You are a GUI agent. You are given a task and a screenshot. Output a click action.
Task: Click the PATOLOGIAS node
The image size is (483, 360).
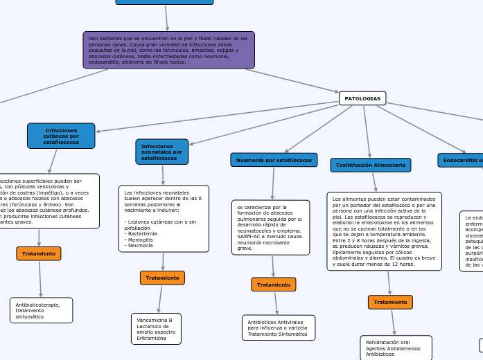point(362,98)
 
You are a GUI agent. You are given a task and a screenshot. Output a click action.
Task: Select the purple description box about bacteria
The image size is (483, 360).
point(168,50)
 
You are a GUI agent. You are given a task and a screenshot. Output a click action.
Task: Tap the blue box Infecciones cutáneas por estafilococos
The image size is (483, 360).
point(61,136)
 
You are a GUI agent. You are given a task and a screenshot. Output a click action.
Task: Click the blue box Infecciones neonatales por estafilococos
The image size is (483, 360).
point(161,152)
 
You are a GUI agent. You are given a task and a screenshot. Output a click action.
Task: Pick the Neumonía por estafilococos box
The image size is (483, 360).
point(274,160)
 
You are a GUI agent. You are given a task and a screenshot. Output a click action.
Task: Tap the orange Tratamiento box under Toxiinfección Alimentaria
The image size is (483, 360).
point(390,302)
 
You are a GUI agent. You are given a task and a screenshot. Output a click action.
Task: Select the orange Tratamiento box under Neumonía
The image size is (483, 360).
point(273,285)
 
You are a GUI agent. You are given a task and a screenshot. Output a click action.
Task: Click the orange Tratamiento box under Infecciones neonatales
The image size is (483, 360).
point(162,278)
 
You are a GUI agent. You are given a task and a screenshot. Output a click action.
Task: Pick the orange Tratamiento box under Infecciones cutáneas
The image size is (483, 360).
point(39,253)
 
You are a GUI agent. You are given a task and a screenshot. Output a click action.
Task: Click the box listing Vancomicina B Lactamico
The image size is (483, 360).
point(156,328)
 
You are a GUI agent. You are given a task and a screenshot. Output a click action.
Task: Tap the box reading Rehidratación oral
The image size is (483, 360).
point(396,348)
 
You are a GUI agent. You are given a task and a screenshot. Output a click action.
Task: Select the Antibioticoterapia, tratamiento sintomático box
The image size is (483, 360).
point(41,310)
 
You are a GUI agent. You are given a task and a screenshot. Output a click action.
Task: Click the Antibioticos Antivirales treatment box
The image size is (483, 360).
point(278,327)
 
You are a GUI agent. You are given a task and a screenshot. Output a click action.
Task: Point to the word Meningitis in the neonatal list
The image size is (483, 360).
point(140,240)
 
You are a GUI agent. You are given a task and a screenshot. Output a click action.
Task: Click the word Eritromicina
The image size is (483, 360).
point(152,338)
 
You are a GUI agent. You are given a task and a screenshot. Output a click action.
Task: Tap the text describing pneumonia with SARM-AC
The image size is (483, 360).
point(270,227)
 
